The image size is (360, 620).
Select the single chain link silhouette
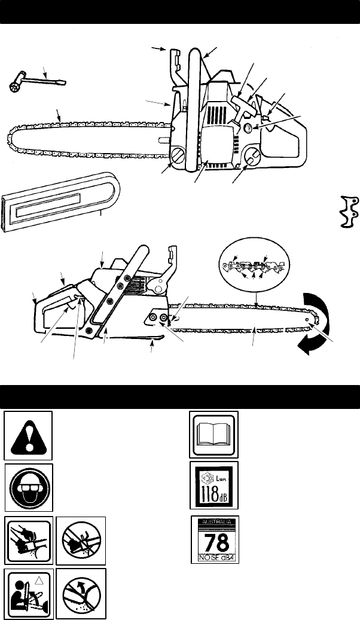(x=347, y=211)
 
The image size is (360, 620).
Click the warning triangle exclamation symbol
(x=28, y=435)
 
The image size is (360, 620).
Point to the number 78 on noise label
(x=214, y=542)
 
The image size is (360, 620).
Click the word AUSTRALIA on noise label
(x=214, y=521)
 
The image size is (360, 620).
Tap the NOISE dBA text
(x=214, y=560)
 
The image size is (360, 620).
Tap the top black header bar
(x=180, y=12)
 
